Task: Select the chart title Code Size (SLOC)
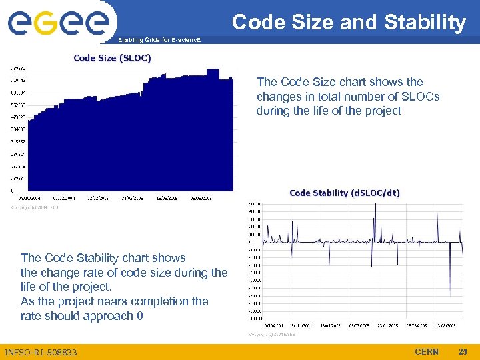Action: pyautogui.click(x=112, y=58)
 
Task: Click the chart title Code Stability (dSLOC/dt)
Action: pyautogui.click(x=345, y=193)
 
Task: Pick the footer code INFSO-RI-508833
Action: pyautogui.click(x=41, y=352)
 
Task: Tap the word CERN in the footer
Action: pyautogui.click(x=427, y=351)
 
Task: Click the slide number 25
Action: pyautogui.click(x=463, y=351)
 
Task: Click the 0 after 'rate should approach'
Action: pyautogui.click(x=139, y=316)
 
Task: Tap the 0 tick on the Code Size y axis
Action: pyautogui.click(x=11, y=191)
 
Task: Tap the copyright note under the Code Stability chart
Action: pyautogui.click(x=271, y=335)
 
